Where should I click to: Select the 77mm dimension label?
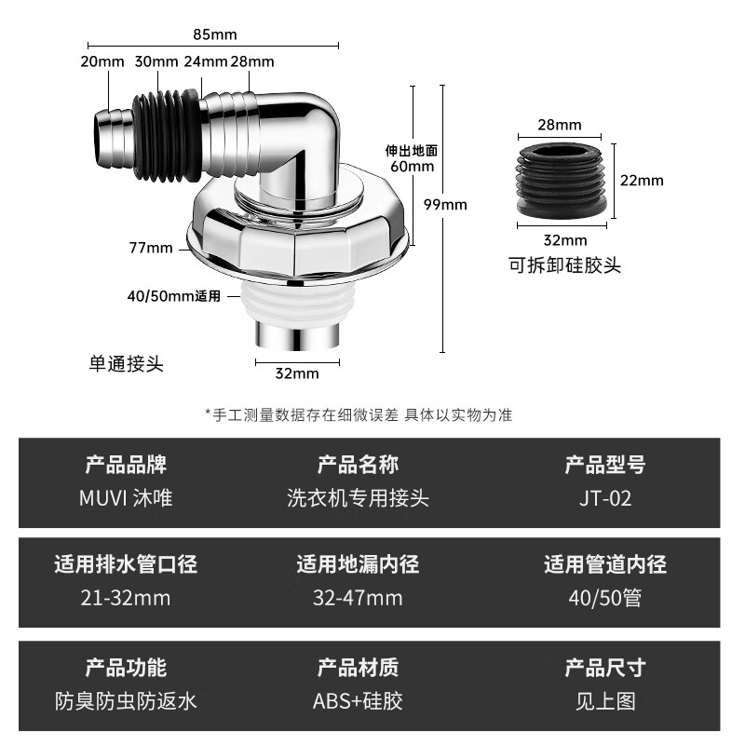pos(153,248)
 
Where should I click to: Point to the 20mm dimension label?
pos(102,61)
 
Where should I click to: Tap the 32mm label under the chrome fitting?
pos(296,373)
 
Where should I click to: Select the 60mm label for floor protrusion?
pos(412,166)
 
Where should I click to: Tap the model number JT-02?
pos(604,498)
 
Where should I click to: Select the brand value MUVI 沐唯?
pos(126,498)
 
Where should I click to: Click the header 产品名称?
pos(358,464)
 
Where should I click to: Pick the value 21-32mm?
pos(126,598)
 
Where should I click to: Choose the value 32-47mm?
pos(358,598)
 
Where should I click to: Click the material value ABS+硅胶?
pos(358,700)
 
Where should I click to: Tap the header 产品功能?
pos(126,667)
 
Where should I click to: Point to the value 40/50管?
pos(604,598)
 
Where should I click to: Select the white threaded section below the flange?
pos(296,299)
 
